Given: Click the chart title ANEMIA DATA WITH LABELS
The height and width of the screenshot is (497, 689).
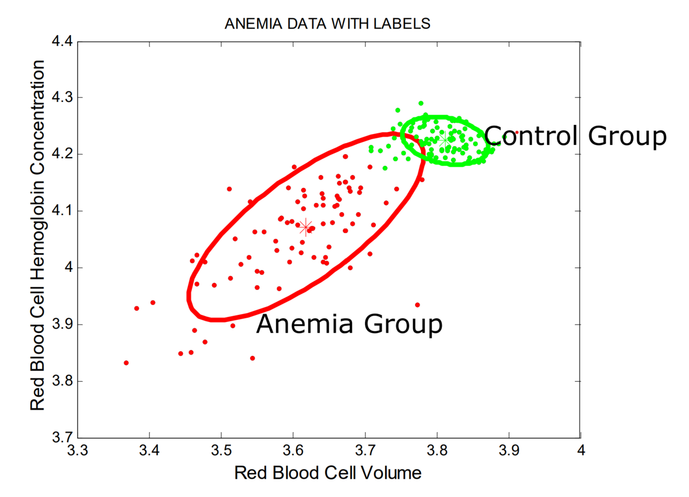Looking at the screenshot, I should click(327, 24).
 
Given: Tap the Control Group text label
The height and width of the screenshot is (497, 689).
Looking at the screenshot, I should click(575, 136).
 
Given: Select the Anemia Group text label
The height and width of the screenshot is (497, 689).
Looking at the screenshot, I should click(349, 325).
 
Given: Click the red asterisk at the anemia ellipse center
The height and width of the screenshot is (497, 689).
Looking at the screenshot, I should click(306, 227).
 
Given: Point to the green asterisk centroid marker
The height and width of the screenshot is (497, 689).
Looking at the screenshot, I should click(445, 139).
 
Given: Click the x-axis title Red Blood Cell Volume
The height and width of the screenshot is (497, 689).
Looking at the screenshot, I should click(327, 473).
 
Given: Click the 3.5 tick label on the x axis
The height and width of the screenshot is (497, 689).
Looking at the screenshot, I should click(221, 450).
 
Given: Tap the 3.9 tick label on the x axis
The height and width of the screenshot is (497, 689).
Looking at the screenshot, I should click(509, 450).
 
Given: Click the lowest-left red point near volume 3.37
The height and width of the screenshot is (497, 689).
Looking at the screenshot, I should click(126, 363).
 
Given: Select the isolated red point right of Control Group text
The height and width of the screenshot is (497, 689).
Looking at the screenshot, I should click(517, 132).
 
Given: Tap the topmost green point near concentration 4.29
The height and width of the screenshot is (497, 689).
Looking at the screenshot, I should click(420, 103).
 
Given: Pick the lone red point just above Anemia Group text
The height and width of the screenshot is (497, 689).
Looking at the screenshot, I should click(417, 305).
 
